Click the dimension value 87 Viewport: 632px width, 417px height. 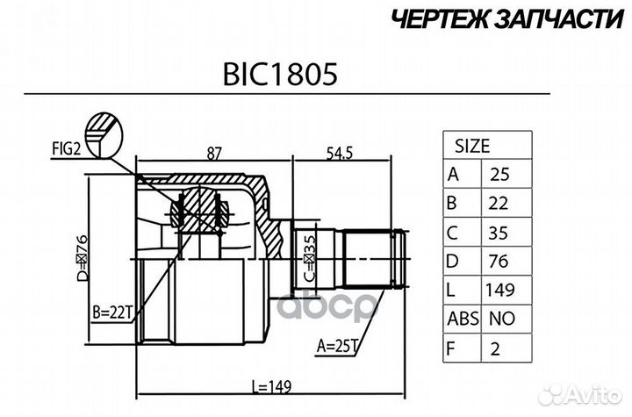[212, 152]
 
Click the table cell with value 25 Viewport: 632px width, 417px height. [500, 174]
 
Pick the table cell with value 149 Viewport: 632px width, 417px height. [500, 290]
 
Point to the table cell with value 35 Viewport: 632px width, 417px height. [500, 232]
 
